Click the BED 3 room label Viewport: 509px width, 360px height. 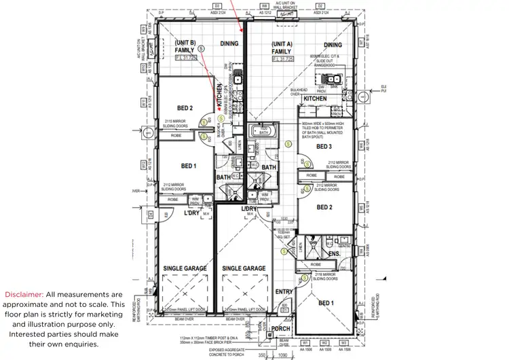point(323,147)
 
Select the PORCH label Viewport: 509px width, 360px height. point(281,328)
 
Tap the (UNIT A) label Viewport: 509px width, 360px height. point(281,43)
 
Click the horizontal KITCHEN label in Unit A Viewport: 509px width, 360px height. point(315,98)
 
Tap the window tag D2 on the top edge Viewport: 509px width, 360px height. point(318,5)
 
